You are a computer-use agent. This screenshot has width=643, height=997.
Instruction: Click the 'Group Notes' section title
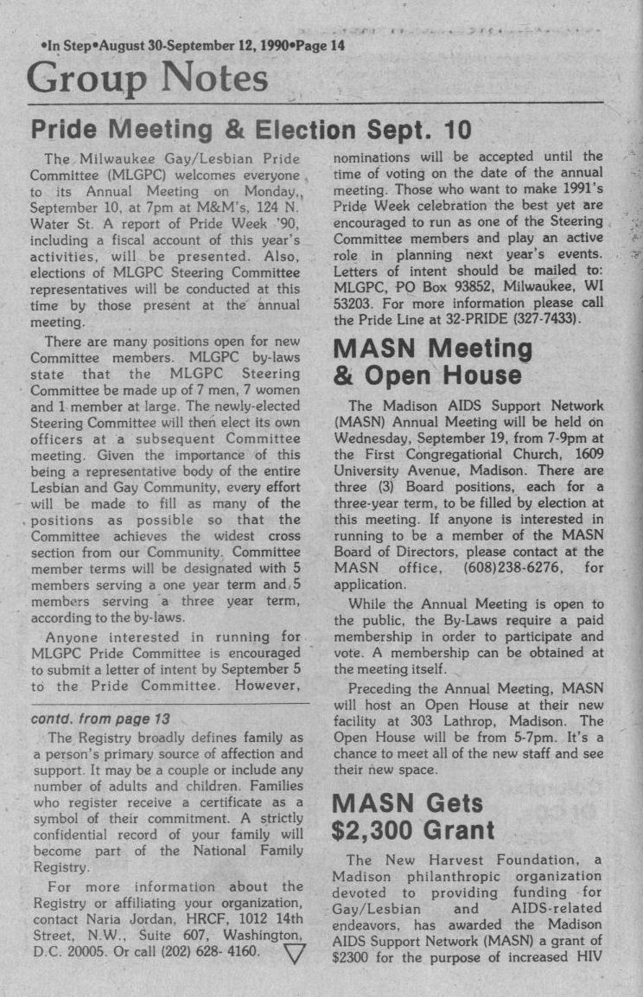pos(147,80)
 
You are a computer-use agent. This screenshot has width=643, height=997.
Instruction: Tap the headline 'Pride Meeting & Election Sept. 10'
pos(251,130)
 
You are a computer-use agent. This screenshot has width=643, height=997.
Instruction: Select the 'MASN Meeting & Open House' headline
pos(433,362)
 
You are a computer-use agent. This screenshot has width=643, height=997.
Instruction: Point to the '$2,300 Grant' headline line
pos(414,831)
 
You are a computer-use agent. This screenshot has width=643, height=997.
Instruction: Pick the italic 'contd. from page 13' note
pos(100,719)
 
